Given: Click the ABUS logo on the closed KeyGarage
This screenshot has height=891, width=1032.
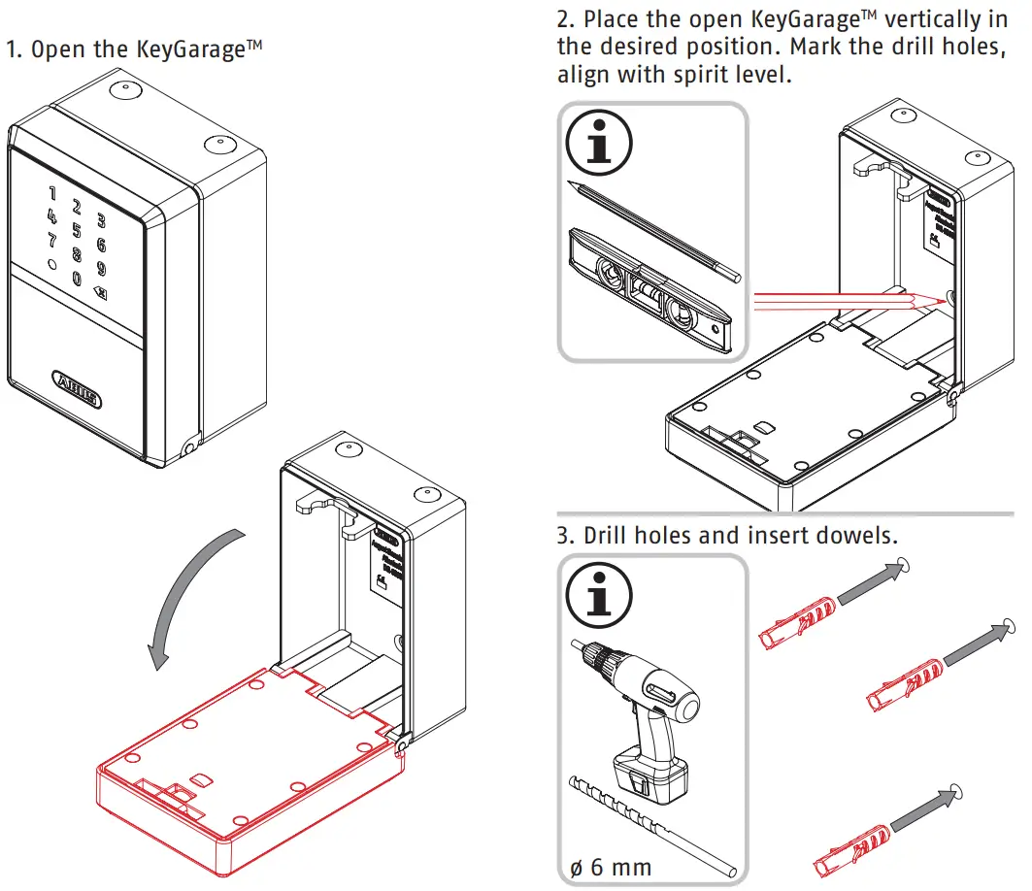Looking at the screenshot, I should [x=75, y=383].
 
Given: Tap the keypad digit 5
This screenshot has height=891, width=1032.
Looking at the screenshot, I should [x=77, y=231].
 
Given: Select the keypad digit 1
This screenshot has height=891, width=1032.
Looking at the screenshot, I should [x=52, y=194].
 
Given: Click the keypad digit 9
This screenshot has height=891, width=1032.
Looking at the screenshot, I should [x=101, y=269].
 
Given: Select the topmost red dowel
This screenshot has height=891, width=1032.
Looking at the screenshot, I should [x=795, y=620].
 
